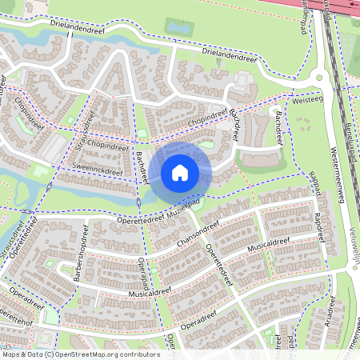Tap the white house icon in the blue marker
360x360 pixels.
tap(180, 173)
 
